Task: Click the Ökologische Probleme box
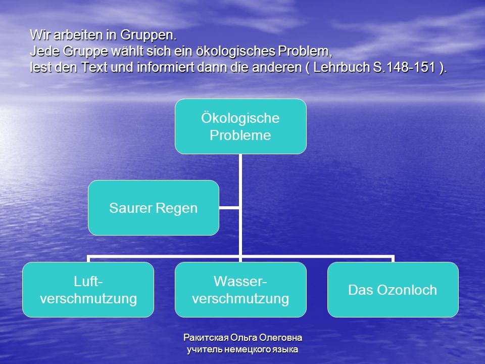point(240,126)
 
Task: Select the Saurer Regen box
point(154,208)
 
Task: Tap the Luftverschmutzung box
point(88,290)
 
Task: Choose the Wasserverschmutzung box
point(240,290)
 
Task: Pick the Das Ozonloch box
point(393,290)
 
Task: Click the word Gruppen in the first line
point(148,35)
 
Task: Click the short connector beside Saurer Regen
point(229,208)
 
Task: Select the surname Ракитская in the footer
point(206,337)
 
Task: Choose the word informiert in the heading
point(166,67)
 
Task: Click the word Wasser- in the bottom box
point(240,282)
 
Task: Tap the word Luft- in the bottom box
point(88,282)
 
